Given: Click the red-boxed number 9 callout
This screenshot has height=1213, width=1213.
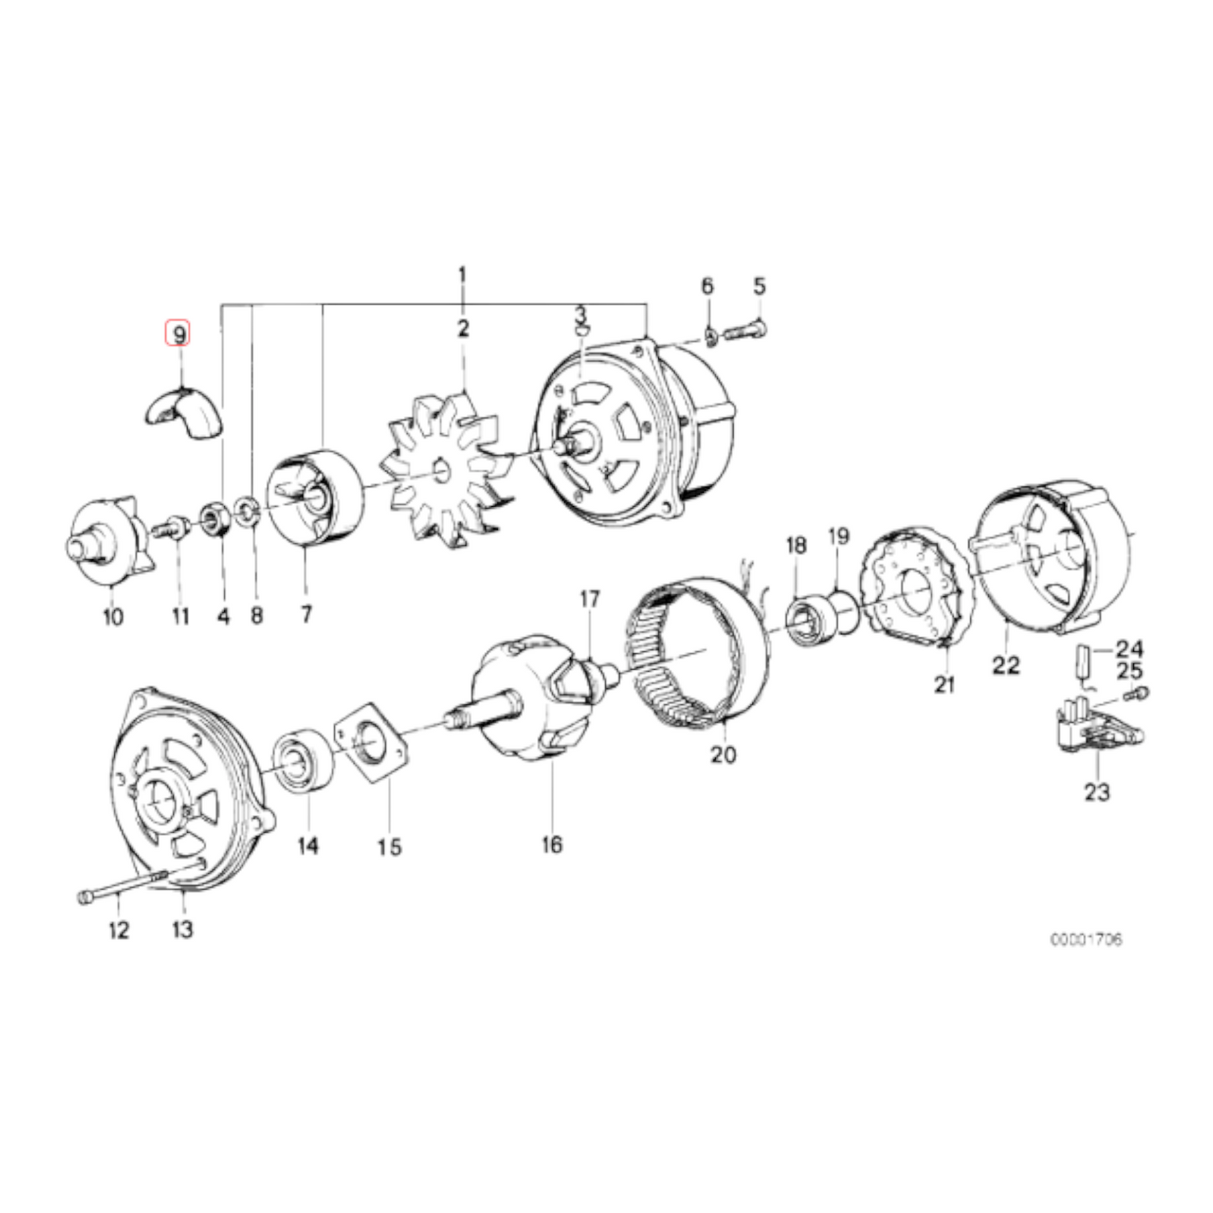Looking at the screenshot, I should [x=178, y=333].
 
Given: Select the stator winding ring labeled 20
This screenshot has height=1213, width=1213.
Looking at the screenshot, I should [x=697, y=655].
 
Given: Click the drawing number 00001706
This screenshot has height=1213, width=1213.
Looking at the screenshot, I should [x=1085, y=939].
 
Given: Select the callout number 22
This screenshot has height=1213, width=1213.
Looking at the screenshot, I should [x=1005, y=665].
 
